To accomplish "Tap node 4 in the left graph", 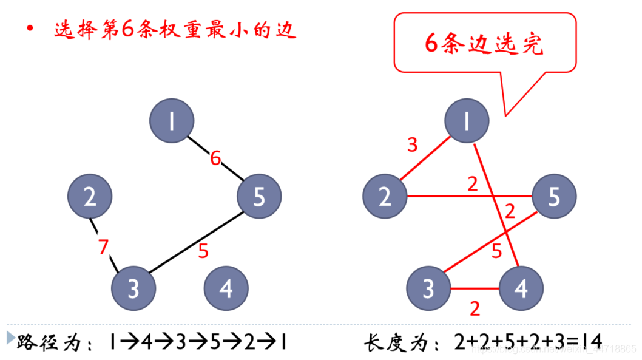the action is tap(226, 289).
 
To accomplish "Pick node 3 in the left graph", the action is tap(133, 288).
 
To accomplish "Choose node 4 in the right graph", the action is tap(521, 289).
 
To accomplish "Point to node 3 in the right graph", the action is tap(428, 289).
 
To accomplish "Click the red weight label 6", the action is tap(215, 159).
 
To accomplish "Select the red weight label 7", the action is tap(104, 247).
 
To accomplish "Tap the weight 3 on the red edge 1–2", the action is tap(413, 145).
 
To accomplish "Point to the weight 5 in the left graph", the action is tap(203, 251).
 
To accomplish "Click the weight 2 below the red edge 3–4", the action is tap(475, 308).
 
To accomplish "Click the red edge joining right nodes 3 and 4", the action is tap(475, 288).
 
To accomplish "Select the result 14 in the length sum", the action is tap(592, 342).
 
